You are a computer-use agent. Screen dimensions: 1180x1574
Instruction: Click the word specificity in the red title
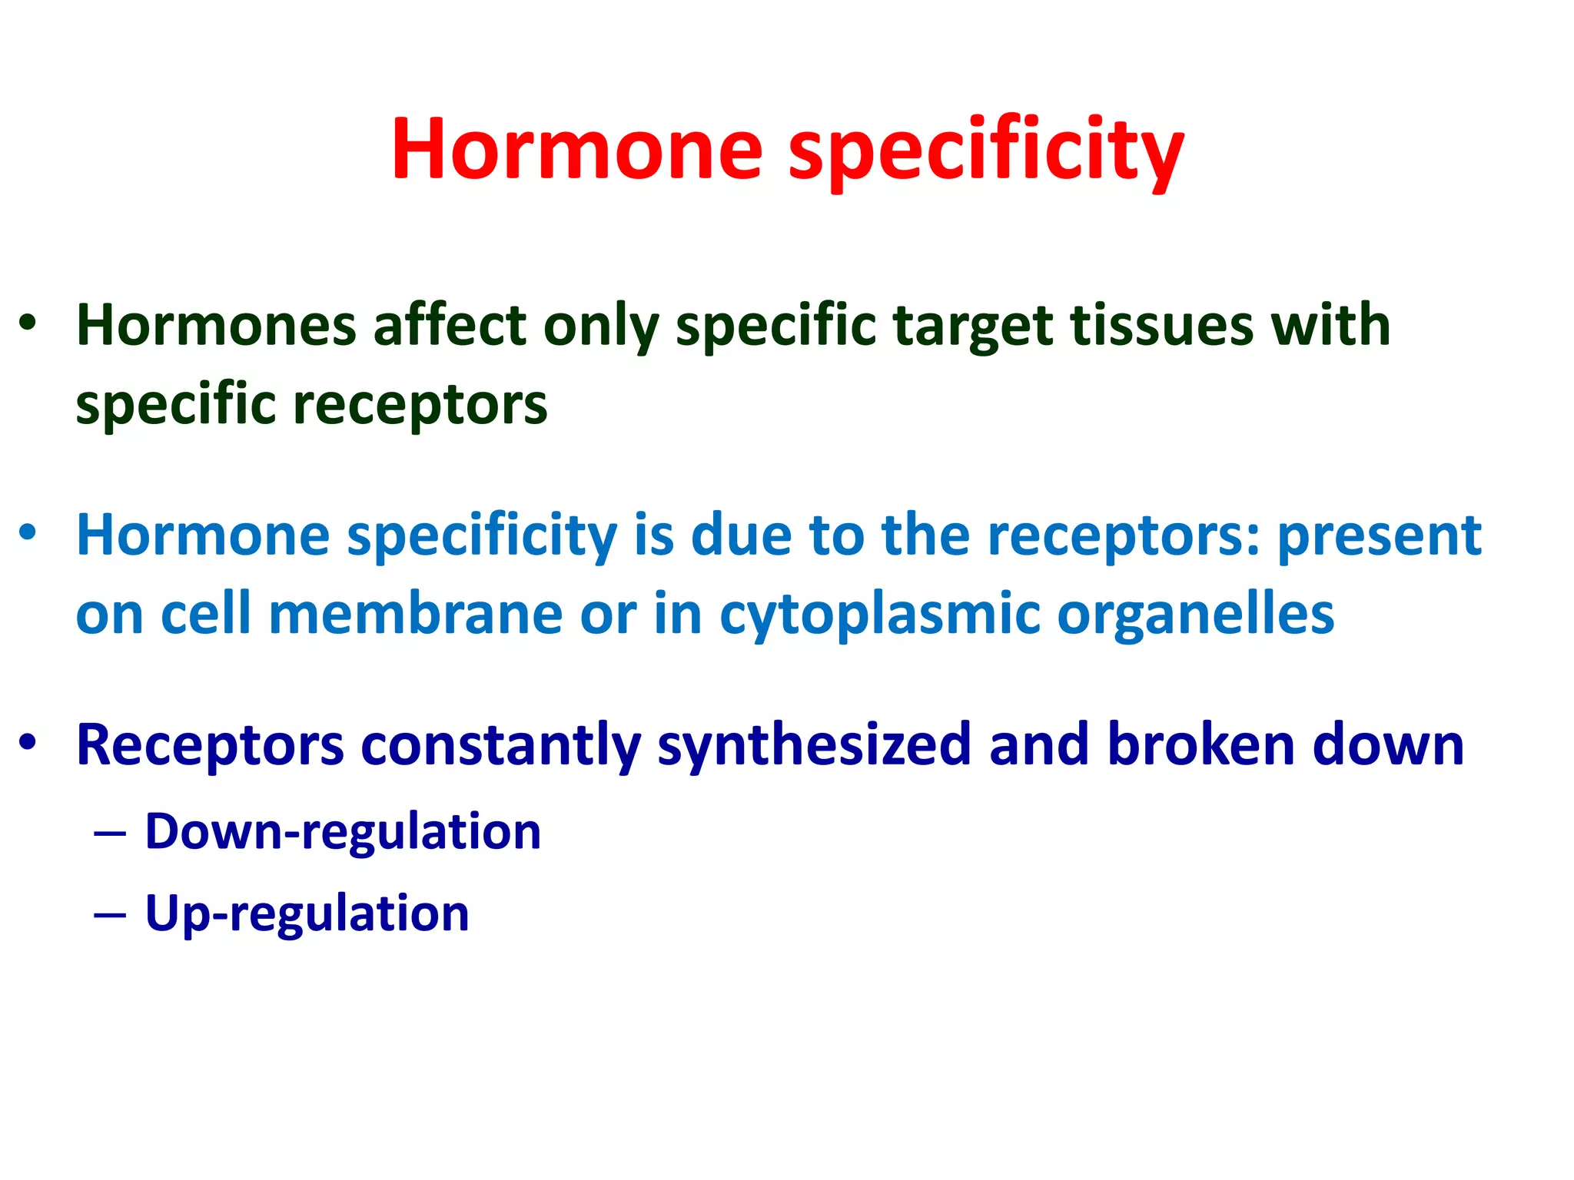(986, 150)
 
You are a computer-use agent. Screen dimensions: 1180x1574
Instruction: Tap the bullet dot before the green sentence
(28, 323)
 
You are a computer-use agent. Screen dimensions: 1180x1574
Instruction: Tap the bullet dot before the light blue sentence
(28, 532)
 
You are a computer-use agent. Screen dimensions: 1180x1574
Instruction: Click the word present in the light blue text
(1379, 535)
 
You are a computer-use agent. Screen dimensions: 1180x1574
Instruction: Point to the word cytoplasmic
(878, 615)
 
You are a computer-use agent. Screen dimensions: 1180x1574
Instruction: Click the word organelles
(1195, 615)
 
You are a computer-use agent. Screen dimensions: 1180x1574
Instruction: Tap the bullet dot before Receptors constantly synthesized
(28, 741)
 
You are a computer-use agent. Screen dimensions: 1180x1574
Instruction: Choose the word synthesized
(814, 746)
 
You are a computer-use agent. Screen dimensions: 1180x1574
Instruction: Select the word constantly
(500, 746)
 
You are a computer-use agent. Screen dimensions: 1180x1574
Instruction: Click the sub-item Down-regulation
(343, 832)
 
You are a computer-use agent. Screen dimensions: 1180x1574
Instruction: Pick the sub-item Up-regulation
(307, 914)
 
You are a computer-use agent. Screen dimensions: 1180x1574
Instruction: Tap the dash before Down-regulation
(109, 834)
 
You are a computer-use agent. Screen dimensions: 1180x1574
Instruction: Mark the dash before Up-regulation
(109, 916)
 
